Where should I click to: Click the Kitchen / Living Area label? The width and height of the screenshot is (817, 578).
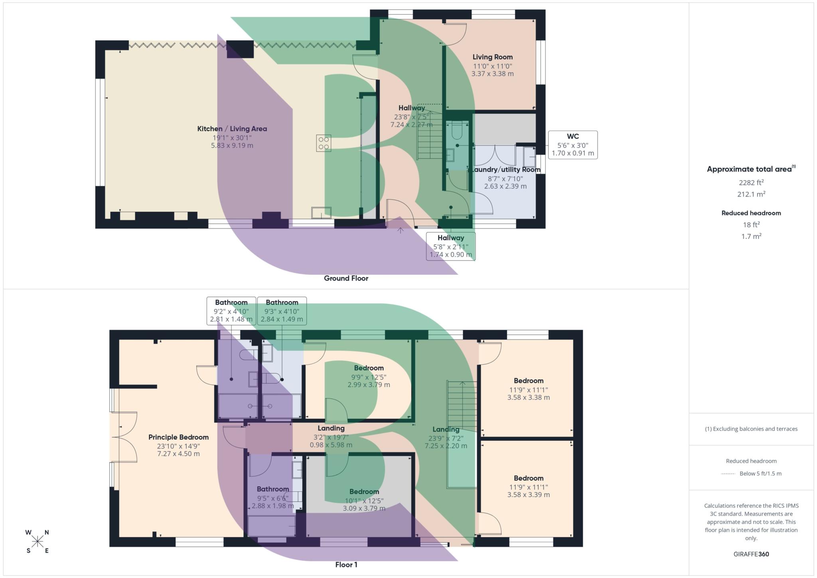click(232, 129)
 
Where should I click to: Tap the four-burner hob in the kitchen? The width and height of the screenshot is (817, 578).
click(324, 143)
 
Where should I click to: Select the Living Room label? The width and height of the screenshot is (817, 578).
click(492, 57)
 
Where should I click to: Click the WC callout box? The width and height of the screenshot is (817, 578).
click(572, 144)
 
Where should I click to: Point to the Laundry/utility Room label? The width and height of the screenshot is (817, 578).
click(506, 170)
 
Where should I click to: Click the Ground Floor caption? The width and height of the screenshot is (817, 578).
click(346, 278)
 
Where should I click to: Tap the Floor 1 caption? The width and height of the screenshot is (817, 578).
click(346, 564)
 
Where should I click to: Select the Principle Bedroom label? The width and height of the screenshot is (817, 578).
click(178, 437)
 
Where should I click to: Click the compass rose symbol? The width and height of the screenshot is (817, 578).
click(37, 541)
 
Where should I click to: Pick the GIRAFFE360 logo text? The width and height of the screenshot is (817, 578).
click(751, 554)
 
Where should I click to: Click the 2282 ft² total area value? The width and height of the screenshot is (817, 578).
click(751, 183)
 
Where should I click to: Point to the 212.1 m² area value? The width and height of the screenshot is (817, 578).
click(751, 194)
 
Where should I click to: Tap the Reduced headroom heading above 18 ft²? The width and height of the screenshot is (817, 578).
click(751, 213)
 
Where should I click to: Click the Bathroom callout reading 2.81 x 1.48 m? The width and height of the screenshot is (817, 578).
click(231, 311)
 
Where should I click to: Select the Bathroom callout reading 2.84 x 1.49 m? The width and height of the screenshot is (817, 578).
click(282, 311)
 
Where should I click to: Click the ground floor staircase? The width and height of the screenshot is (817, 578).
click(430, 136)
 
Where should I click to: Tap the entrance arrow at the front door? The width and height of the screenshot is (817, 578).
click(401, 230)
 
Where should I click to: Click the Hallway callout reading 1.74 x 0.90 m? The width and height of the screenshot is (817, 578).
click(450, 246)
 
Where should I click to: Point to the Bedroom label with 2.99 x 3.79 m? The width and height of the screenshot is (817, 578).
click(369, 368)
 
